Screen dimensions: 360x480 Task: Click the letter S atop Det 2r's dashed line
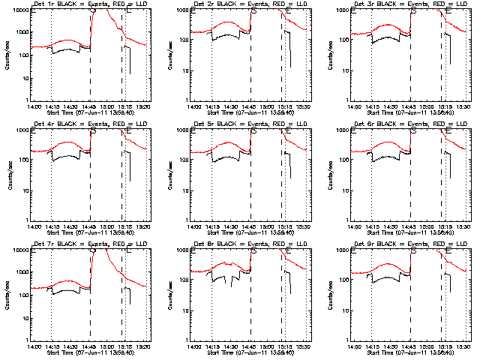(253, 11)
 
